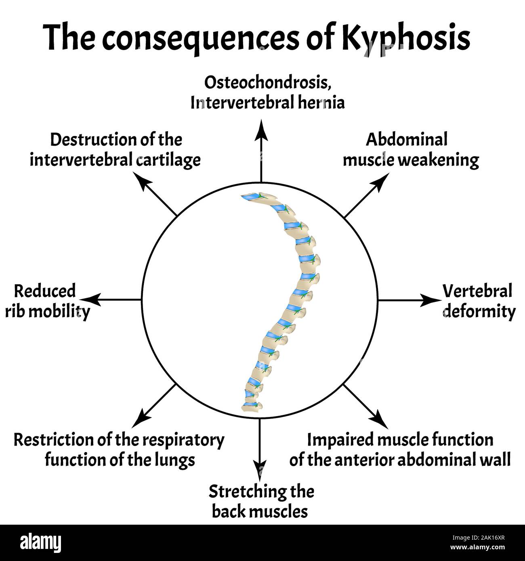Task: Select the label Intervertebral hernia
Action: (268, 103)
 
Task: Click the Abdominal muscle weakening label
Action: (410, 150)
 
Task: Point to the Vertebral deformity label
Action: (479, 301)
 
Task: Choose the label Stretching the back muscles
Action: (261, 502)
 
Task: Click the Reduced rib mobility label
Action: (47, 301)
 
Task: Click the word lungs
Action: (174, 460)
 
